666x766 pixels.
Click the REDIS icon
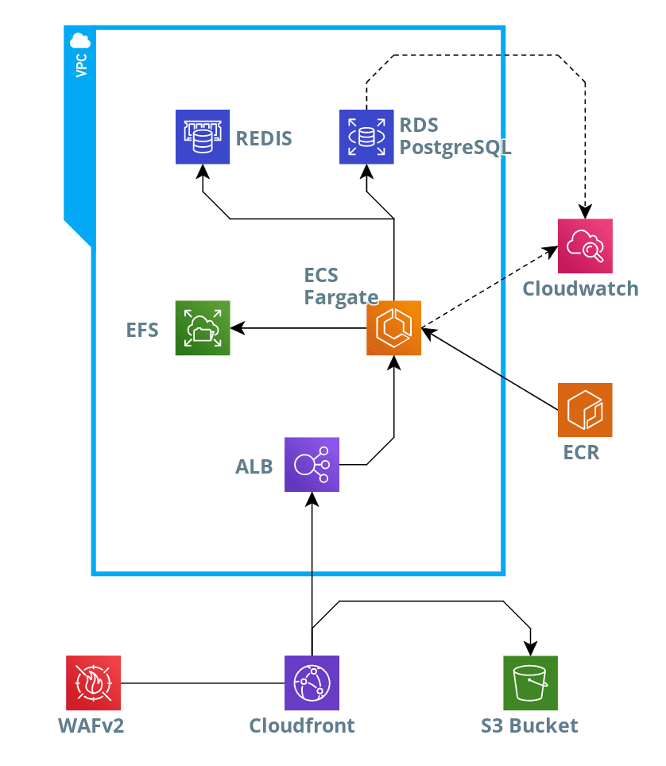203,137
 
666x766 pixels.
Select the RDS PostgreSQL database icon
366,137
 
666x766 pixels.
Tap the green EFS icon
203,327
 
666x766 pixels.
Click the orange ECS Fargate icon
394,327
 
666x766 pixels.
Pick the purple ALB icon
312,465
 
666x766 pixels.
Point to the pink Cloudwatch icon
585,246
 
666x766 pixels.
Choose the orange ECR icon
585,410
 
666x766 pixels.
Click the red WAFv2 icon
94,683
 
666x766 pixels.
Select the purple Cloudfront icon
312,683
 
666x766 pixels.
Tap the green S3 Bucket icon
530,683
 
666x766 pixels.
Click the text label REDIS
264,139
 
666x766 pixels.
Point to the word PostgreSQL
455,148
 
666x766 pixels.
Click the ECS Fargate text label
340,287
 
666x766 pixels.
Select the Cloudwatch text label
580,288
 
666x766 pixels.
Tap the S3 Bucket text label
529,725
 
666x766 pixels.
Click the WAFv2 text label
91,725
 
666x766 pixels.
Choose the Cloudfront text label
302,725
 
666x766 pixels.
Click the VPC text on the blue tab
80,65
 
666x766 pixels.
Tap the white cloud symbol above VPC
80,40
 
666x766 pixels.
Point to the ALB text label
254,466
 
